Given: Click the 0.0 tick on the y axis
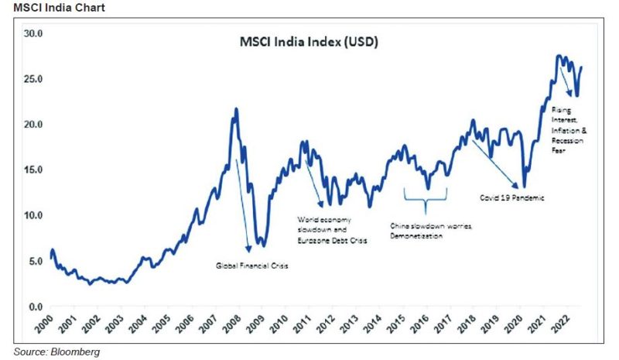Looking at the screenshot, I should coord(34,307).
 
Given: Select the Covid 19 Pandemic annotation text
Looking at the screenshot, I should coord(511,197).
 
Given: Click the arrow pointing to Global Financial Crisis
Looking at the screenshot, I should coord(241,205).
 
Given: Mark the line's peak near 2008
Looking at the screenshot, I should coord(235,108).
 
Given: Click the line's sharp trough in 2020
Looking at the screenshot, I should coord(524,187).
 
